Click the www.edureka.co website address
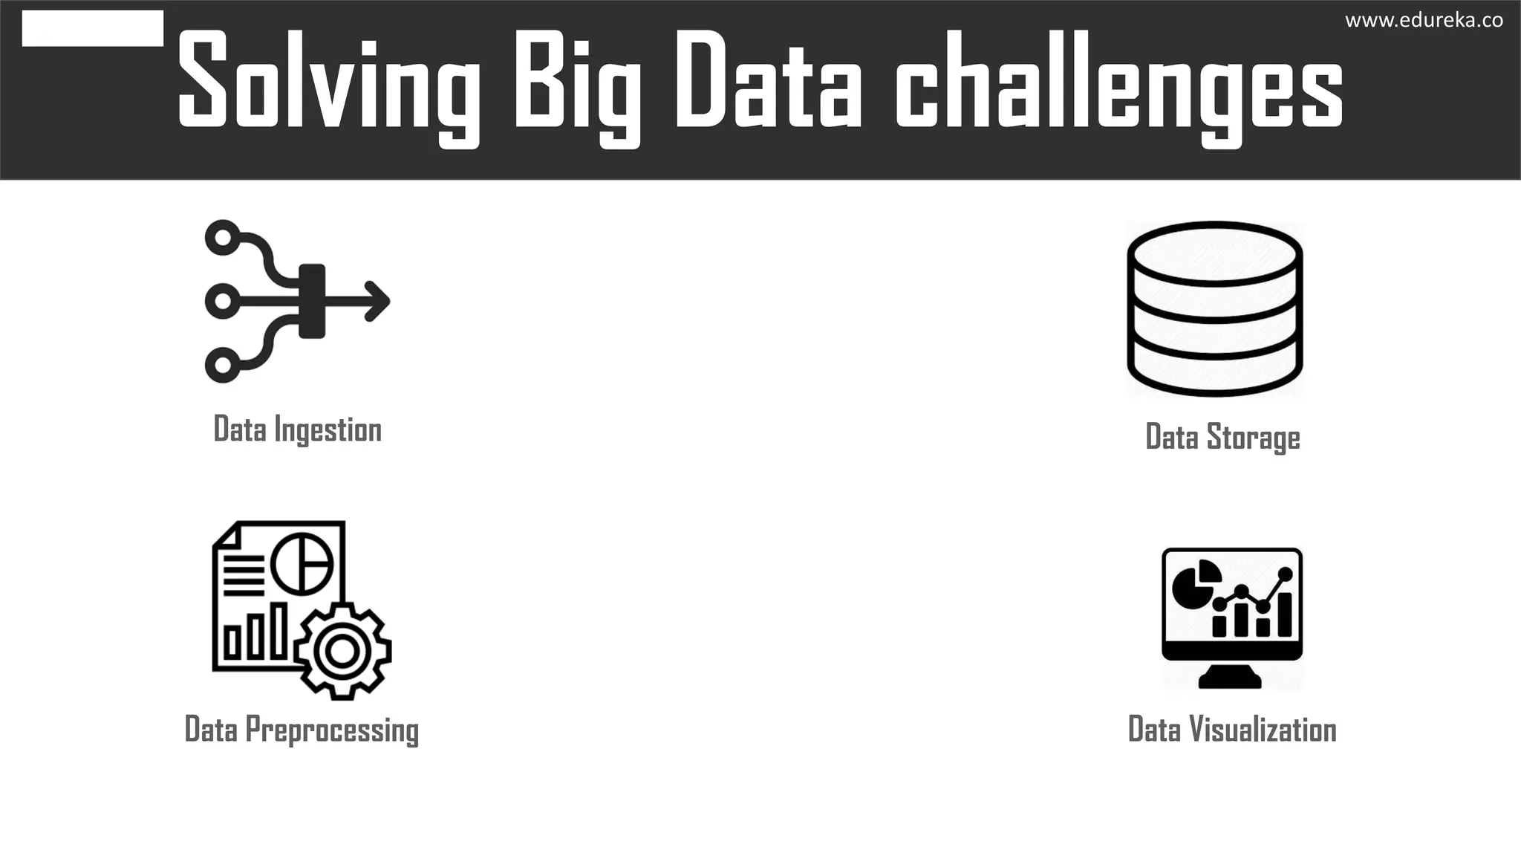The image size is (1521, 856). tap(1424, 21)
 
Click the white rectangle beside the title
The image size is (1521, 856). tap(93, 28)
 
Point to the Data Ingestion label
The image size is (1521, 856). tap(297, 429)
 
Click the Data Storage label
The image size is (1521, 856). tap(1222, 437)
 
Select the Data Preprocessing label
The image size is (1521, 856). tap(302, 730)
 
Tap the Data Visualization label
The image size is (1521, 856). tap(1232, 730)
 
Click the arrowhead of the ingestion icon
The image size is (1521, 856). tap(378, 302)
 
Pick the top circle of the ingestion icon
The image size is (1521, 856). tap(221, 238)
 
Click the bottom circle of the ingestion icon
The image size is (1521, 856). tap(221, 365)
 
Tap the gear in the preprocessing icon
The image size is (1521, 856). tap(342, 651)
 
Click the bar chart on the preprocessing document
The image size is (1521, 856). tap(255, 633)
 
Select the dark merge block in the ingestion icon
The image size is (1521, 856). tap(312, 301)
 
